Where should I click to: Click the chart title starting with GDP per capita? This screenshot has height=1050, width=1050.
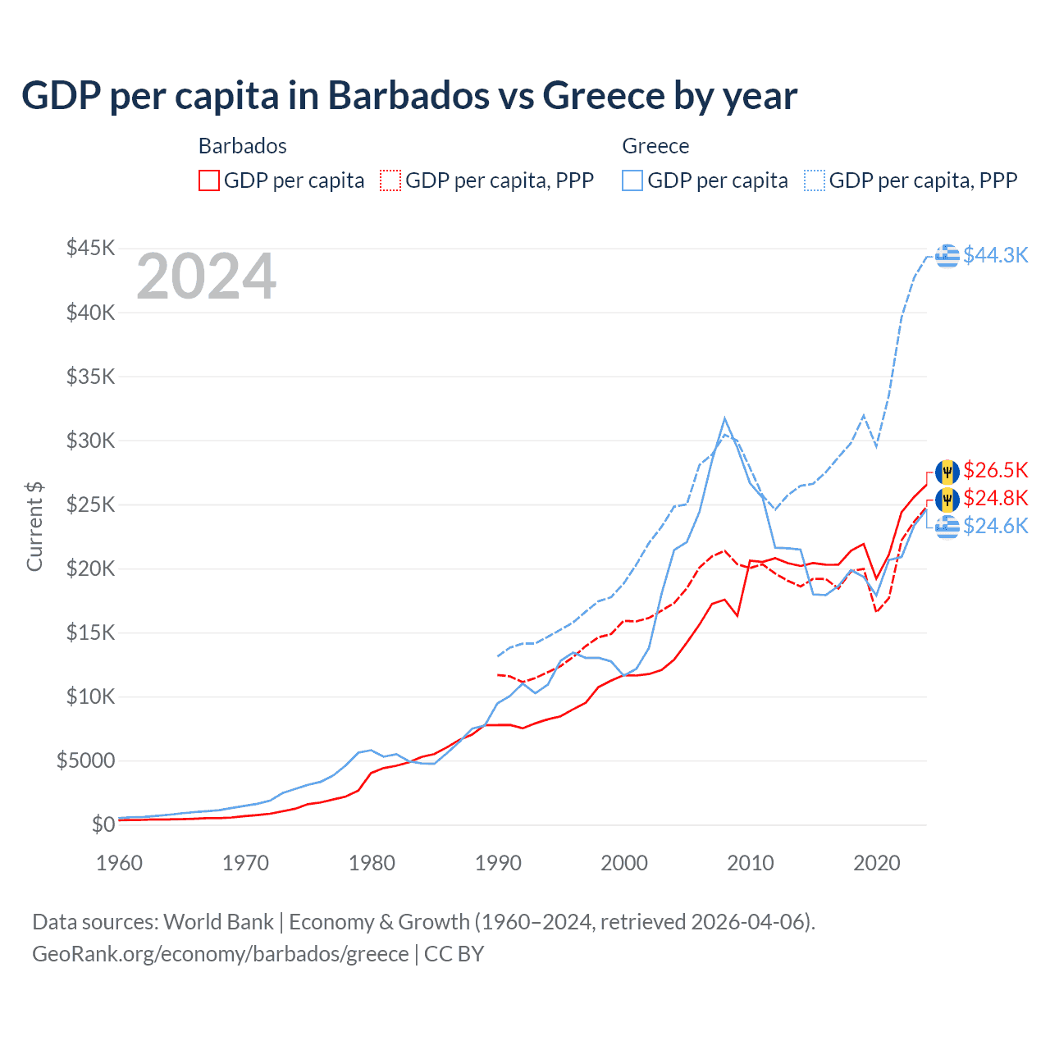pyautogui.click(x=409, y=96)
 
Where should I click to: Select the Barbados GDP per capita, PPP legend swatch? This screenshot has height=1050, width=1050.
pyautogui.click(x=390, y=180)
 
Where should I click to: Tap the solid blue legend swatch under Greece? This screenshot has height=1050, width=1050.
pyautogui.click(x=632, y=180)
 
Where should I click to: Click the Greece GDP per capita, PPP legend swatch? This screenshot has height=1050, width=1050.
pyautogui.click(x=815, y=180)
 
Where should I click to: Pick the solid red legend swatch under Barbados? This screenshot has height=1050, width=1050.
pyautogui.click(x=209, y=180)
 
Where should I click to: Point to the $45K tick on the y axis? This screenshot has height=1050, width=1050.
pyautogui.click(x=91, y=248)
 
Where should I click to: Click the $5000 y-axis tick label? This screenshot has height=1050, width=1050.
pyautogui.click(x=85, y=760)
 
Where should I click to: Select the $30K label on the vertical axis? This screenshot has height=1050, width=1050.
pyautogui.click(x=91, y=441)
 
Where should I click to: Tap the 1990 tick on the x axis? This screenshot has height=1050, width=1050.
pyautogui.click(x=498, y=863)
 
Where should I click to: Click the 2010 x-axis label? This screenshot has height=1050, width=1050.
pyautogui.click(x=751, y=863)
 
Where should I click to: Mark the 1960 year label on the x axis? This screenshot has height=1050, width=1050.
pyautogui.click(x=120, y=863)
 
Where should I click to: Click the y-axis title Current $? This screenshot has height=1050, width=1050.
pyautogui.click(x=34, y=527)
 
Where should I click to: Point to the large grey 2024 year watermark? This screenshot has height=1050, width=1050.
pyautogui.click(x=206, y=276)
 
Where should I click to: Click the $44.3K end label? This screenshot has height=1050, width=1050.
pyautogui.click(x=995, y=255)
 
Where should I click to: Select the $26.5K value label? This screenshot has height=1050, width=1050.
pyautogui.click(x=995, y=470)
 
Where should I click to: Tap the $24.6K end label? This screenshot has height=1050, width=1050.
pyautogui.click(x=995, y=526)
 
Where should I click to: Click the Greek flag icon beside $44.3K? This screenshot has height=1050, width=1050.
pyautogui.click(x=947, y=255)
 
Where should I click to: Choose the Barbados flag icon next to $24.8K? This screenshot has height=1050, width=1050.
pyautogui.click(x=947, y=499)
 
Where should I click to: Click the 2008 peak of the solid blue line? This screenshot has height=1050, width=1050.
pyautogui.click(x=724, y=418)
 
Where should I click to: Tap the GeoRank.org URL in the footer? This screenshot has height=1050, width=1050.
pyautogui.click(x=221, y=954)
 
